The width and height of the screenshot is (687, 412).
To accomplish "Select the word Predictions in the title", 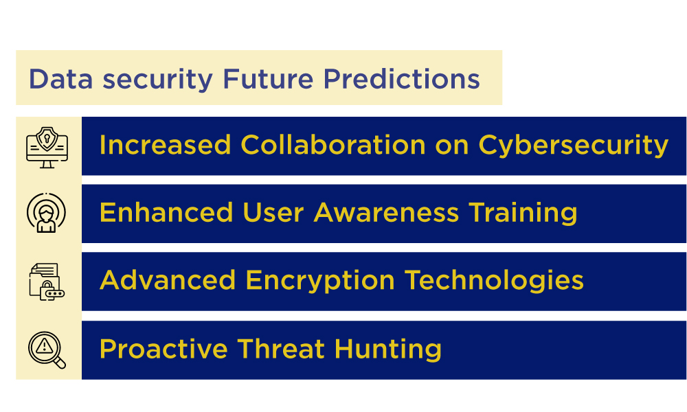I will click(401, 79).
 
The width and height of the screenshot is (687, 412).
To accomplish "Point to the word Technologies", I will click(494, 281).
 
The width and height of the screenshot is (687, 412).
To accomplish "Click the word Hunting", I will click(388, 350).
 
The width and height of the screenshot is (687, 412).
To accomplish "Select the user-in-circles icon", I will click(47, 214).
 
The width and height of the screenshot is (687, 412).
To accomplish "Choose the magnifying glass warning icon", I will click(47, 350).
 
